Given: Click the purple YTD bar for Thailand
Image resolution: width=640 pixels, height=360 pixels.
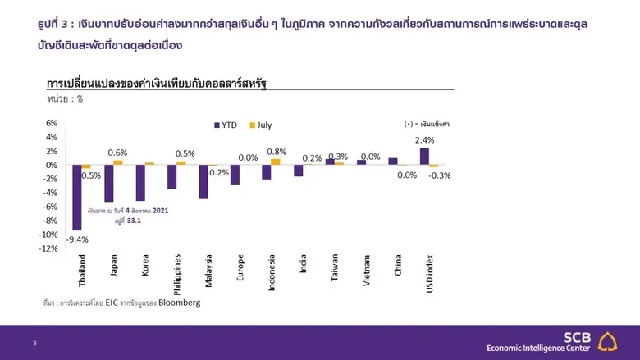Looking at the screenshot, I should pyautogui.click(x=76, y=197).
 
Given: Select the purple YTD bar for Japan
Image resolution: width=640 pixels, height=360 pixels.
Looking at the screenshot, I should pyautogui.click(x=108, y=183).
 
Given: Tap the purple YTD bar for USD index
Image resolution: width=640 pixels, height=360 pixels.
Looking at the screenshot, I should pyautogui.click(x=424, y=157).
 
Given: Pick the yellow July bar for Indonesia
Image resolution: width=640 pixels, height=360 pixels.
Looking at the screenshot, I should pyautogui.click(x=276, y=162).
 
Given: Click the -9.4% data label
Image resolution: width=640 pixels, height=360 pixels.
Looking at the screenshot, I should pyautogui.click(x=77, y=239).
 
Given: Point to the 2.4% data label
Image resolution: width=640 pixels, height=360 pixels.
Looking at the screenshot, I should pyautogui.click(x=428, y=140).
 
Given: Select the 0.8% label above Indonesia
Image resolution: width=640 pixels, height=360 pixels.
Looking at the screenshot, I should pyautogui.click(x=277, y=152).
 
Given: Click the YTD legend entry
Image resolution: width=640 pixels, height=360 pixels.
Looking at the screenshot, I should pyautogui.click(x=228, y=125).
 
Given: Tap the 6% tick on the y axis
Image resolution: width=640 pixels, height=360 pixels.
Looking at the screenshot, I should pyautogui.click(x=51, y=123).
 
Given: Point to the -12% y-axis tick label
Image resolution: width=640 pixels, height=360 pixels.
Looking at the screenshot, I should pyautogui.click(x=48, y=248).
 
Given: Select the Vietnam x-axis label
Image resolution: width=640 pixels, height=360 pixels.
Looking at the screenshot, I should pyautogui.click(x=366, y=267).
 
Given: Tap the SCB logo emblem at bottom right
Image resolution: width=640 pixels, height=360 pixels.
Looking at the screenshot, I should pyautogui.click(x=608, y=342).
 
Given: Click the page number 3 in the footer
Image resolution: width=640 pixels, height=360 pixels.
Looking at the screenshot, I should pyautogui.click(x=34, y=343).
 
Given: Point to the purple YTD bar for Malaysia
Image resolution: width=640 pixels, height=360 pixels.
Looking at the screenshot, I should pyautogui.click(x=203, y=182).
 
